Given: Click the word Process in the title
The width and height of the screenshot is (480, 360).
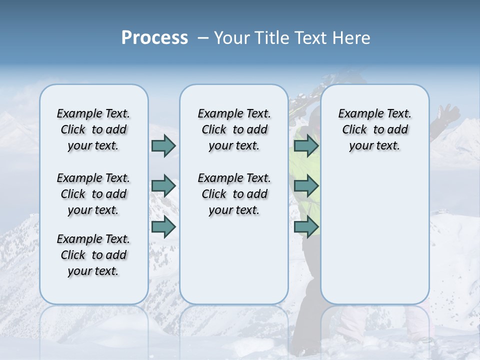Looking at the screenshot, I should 154,38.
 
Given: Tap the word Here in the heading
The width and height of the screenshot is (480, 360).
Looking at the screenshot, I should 351,38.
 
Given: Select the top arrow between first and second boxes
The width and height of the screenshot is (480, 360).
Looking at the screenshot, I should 163,145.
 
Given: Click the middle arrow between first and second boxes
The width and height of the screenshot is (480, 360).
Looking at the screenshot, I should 163,186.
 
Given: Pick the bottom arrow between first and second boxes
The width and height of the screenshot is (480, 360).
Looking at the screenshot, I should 163,226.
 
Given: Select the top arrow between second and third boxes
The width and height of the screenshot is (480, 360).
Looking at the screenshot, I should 306,145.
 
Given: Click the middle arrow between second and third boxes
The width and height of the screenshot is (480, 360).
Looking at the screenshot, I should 306,186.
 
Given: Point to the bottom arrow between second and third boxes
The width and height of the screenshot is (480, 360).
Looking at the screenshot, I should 306,226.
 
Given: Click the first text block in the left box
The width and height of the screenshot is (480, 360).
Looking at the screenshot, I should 93,129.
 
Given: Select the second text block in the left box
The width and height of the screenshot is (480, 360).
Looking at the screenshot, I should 93,194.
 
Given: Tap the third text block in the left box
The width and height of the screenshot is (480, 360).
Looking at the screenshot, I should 93,255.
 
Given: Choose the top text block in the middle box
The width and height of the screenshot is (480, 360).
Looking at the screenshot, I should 234,129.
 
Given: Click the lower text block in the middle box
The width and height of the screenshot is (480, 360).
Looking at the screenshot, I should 234,194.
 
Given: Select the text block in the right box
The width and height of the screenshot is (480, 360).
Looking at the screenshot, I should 374,129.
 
